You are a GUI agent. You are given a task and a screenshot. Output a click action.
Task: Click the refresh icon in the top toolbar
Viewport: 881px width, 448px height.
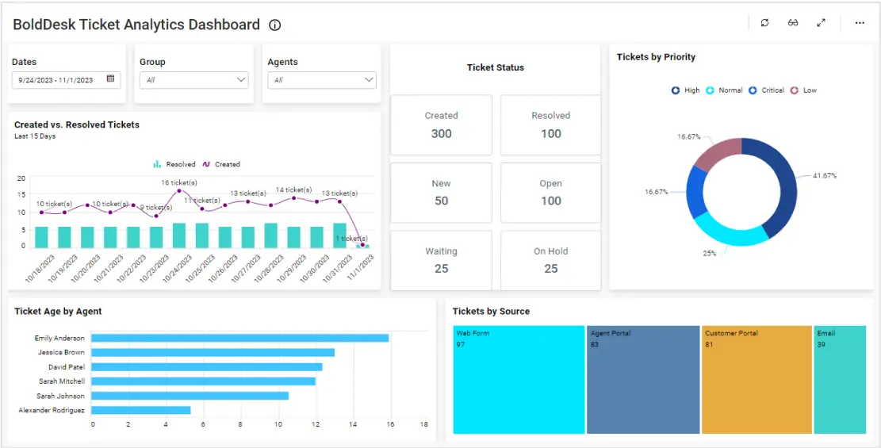click(764, 23)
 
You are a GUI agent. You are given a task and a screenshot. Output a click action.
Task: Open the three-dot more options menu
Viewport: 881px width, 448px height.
click(860, 23)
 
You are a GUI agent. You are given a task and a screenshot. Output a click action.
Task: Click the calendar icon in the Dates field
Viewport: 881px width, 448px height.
click(110, 79)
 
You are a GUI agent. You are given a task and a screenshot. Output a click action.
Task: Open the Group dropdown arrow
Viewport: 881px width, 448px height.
click(241, 80)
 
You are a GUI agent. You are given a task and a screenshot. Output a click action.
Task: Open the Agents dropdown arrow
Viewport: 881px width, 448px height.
click(369, 80)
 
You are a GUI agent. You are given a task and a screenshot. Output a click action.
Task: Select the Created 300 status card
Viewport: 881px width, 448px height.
click(441, 125)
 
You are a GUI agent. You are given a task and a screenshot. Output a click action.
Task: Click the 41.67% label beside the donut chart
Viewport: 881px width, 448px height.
click(824, 175)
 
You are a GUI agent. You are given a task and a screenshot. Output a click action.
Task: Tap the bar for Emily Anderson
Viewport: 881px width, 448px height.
click(239, 339)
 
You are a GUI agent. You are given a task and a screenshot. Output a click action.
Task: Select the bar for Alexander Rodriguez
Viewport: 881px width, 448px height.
click(140, 410)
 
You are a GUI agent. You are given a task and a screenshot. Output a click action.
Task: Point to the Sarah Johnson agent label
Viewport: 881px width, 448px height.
click(60, 396)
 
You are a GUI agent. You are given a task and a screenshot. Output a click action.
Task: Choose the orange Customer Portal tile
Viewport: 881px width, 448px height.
click(757, 379)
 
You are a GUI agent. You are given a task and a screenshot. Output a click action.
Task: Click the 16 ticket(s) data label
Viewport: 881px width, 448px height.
click(179, 183)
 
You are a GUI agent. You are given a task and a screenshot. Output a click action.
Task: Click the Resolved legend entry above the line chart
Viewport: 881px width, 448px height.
click(174, 165)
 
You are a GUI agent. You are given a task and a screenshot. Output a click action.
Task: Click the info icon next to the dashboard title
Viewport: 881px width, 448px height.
click(275, 25)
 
